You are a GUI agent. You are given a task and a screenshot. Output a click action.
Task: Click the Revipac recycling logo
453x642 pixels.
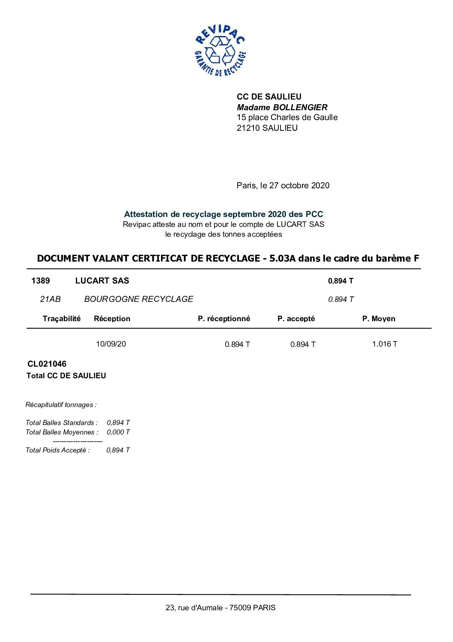[220, 51]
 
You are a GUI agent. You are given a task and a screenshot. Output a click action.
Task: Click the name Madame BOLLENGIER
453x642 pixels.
[282, 107]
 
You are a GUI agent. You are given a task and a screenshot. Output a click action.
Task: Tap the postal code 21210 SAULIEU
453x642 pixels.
[267, 128]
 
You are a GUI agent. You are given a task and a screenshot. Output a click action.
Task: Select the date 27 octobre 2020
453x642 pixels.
[299, 185]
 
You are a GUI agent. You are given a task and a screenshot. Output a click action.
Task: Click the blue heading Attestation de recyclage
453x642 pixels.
[223, 214]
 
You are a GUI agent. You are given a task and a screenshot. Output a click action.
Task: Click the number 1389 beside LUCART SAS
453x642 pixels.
[40, 280]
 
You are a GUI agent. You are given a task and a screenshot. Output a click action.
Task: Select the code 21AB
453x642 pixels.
[50, 299]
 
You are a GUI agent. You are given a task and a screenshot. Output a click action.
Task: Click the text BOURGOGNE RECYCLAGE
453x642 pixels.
[138, 299]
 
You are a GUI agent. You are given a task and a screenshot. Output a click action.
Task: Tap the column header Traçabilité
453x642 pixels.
[61, 318]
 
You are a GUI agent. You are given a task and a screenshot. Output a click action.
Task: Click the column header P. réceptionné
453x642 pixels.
[224, 318]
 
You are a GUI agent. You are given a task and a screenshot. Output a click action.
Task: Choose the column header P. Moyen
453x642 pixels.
[378, 318]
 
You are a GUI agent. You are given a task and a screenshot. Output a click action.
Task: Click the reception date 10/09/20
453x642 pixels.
[111, 344]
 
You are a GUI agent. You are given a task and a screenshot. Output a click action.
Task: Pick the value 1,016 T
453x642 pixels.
[384, 344]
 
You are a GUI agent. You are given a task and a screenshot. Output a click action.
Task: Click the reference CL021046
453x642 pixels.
[47, 364]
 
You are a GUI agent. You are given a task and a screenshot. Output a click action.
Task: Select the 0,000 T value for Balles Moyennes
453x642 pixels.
[118, 432]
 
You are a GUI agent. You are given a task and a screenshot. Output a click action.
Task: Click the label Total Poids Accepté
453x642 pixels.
[57, 450]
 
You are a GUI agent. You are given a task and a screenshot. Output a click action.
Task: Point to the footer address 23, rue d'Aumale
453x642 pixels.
[220, 607]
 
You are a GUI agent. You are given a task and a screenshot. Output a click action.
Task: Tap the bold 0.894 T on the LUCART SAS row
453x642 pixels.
[340, 281]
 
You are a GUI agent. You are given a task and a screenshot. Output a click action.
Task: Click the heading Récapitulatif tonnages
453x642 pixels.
[61, 404]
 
